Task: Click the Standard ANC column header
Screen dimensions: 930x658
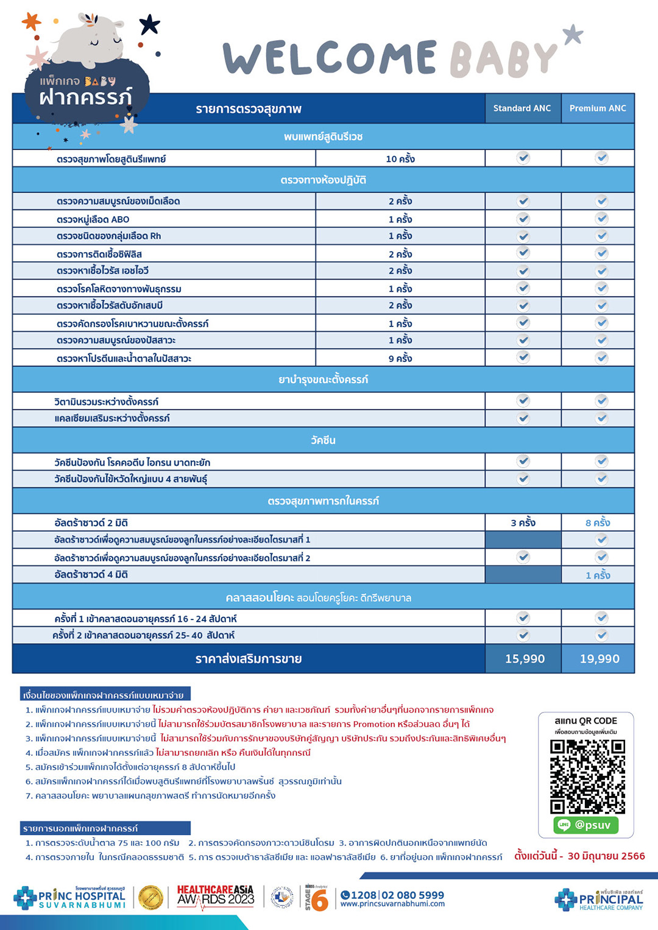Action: [522, 108]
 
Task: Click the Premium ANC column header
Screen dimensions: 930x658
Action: [598, 108]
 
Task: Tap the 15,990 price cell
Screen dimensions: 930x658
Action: [525, 659]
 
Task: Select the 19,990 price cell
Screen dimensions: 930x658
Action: [600, 659]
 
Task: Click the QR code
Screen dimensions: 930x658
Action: [587, 777]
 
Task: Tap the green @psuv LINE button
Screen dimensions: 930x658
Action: [586, 825]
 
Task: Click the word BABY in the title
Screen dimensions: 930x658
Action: [503, 60]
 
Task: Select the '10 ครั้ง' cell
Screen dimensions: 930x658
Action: [400, 159]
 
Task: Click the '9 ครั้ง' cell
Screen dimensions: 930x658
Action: [400, 359]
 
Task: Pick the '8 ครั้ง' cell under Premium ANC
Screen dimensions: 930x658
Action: [598, 523]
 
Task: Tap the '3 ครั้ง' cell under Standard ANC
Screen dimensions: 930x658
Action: [523, 523]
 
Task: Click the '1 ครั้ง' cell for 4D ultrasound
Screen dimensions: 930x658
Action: [598, 575]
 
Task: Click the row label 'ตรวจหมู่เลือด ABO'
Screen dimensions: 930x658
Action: [93, 219]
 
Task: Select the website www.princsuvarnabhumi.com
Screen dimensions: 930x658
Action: [392, 904]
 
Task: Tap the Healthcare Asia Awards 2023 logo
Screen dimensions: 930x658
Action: [216, 897]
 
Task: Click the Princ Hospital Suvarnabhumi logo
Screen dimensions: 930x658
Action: [69, 898]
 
